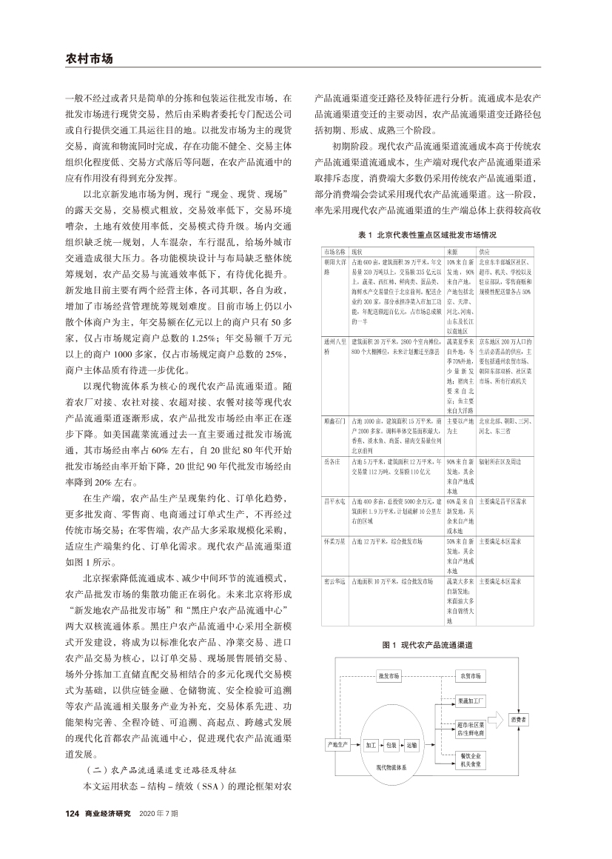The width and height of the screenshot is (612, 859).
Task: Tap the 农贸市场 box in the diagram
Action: click(x=471, y=676)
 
